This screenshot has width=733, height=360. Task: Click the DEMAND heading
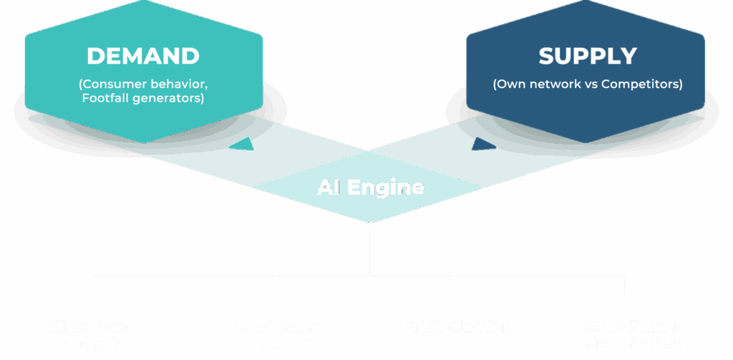tap(143, 57)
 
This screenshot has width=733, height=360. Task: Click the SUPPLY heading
tap(587, 57)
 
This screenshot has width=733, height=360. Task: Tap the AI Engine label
tap(370, 188)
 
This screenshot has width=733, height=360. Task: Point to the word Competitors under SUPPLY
tap(641, 84)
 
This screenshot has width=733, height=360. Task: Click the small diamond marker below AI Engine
tap(370, 225)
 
